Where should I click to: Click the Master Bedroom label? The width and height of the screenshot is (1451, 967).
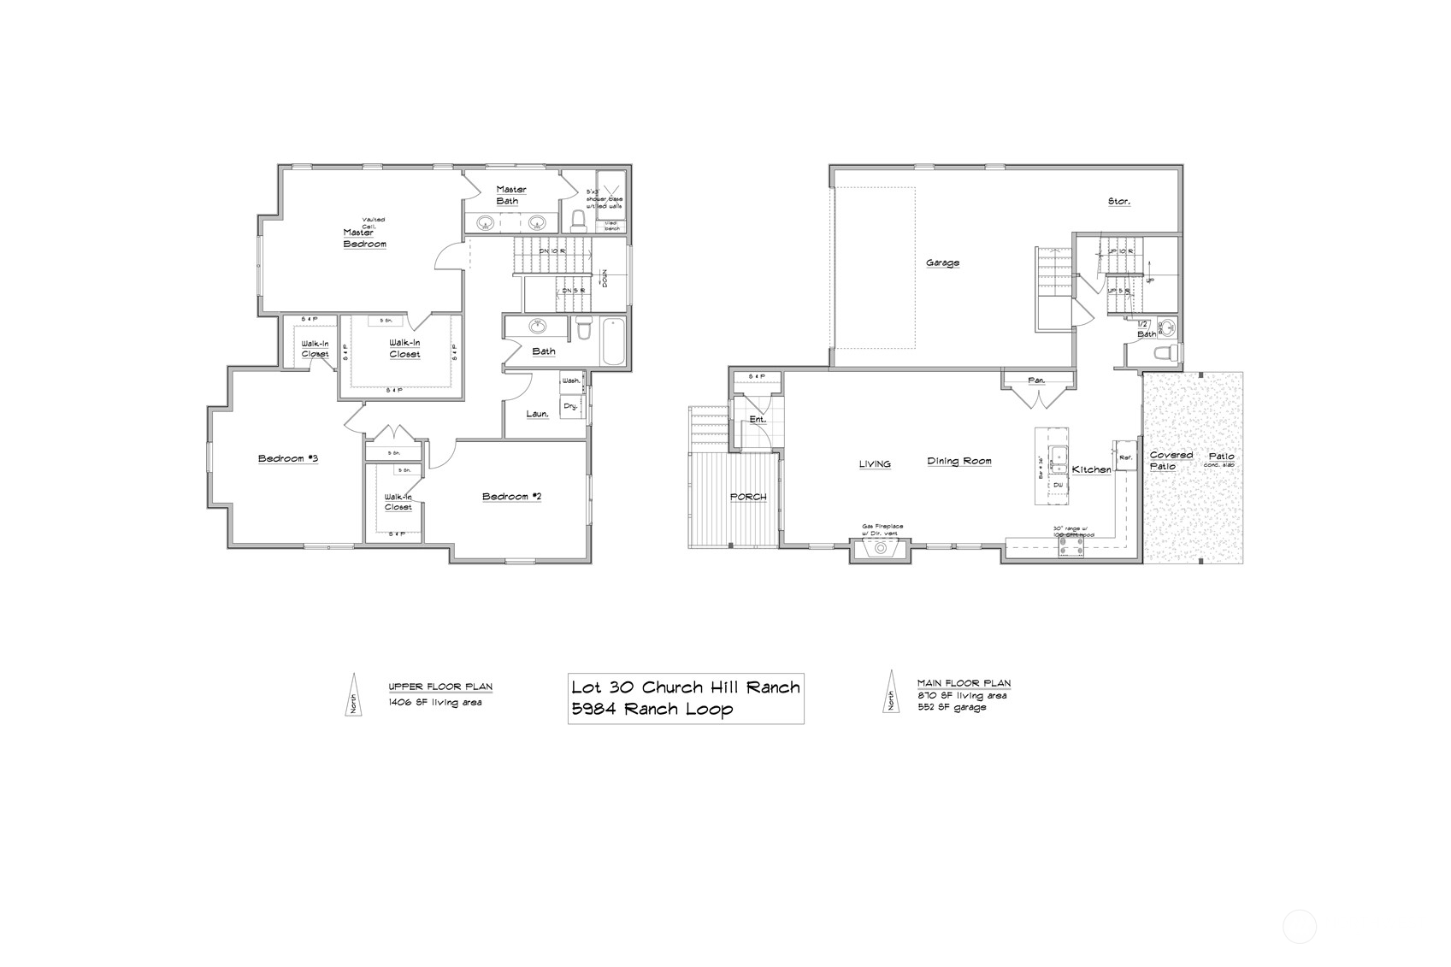364,238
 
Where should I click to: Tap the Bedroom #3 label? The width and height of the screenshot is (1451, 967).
288,459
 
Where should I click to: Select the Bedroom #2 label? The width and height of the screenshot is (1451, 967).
511,497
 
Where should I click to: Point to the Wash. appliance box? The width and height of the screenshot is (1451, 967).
571,380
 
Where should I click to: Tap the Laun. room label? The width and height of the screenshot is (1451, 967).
537,414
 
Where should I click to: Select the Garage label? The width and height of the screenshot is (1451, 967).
942,262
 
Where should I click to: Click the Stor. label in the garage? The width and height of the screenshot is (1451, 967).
1118,202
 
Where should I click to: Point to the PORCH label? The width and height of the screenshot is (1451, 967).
747,497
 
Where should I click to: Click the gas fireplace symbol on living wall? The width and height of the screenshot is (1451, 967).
878,550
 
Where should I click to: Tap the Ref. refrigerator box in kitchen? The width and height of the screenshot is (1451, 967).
1124,457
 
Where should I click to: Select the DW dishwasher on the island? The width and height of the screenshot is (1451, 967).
1058,485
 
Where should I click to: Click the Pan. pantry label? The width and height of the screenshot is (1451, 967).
1036,380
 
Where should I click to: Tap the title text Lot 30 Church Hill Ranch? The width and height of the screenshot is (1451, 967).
685,687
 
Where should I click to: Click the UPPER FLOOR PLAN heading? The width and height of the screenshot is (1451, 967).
439,687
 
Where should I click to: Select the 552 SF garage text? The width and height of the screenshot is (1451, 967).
952,707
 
